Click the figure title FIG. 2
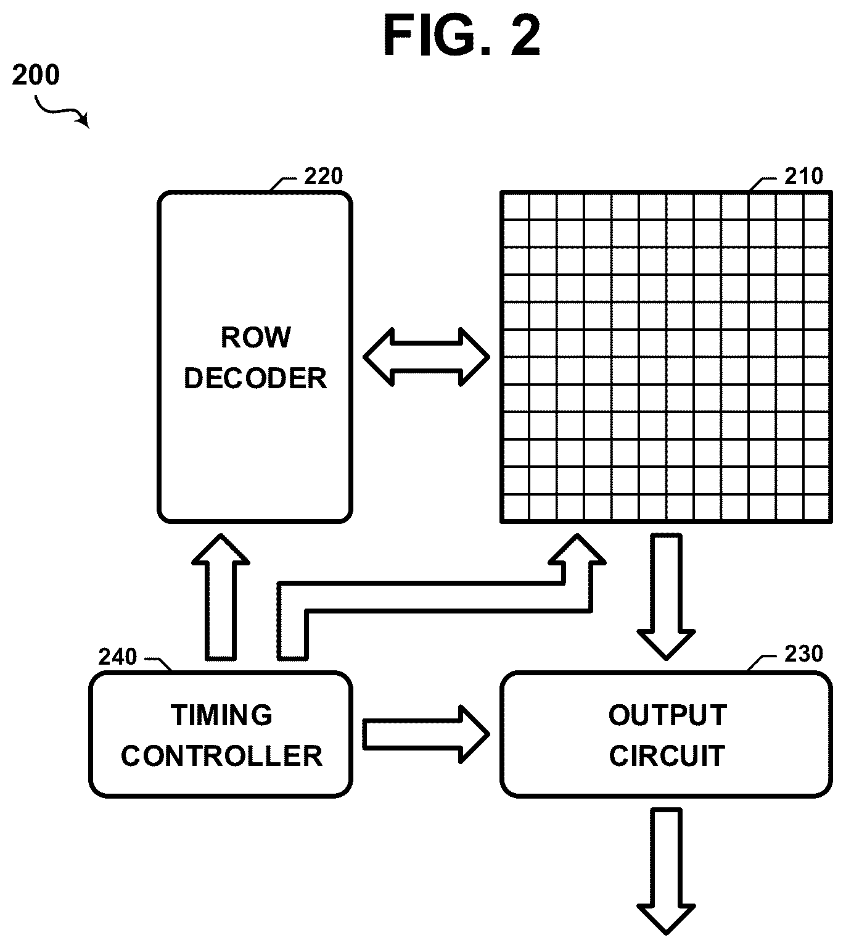[x=462, y=35]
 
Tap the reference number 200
[x=36, y=75]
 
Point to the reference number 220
[x=324, y=176]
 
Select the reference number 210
[x=803, y=176]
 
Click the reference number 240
[x=117, y=657]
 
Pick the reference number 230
[x=803, y=653]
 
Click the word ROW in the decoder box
[x=256, y=338]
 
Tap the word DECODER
[x=255, y=378]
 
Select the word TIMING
[x=221, y=715]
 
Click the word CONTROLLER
[x=221, y=755]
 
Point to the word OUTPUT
[x=667, y=715]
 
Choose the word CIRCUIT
[x=667, y=755]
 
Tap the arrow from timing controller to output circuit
[x=426, y=734]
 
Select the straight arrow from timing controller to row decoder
[x=221, y=597]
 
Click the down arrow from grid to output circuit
[x=666, y=597]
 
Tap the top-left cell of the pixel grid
[x=515, y=206]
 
